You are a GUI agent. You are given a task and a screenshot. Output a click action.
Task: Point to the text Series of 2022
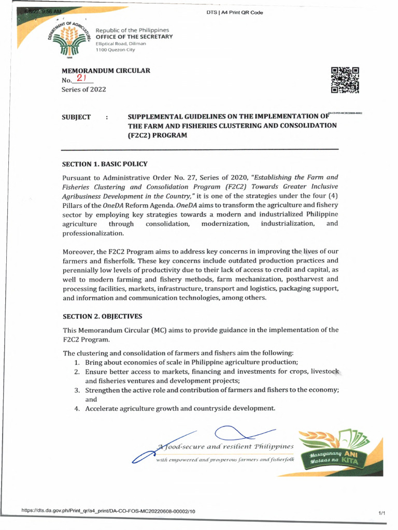(x=83, y=90)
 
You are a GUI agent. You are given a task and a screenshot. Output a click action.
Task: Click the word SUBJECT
(x=76, y=117)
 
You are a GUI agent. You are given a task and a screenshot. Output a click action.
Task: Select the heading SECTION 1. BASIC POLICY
(x=105, y=164)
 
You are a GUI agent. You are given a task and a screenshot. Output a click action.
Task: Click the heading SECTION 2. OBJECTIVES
(x=102, y=316)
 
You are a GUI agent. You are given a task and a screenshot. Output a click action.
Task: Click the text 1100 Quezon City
(x=117, y=50)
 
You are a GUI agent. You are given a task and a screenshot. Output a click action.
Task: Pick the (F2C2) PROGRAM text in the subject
(x=157, y=135)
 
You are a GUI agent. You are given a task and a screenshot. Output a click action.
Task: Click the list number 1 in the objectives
(x=76, y=362)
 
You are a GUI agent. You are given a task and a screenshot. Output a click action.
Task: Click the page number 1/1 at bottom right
(x=382, y=512)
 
